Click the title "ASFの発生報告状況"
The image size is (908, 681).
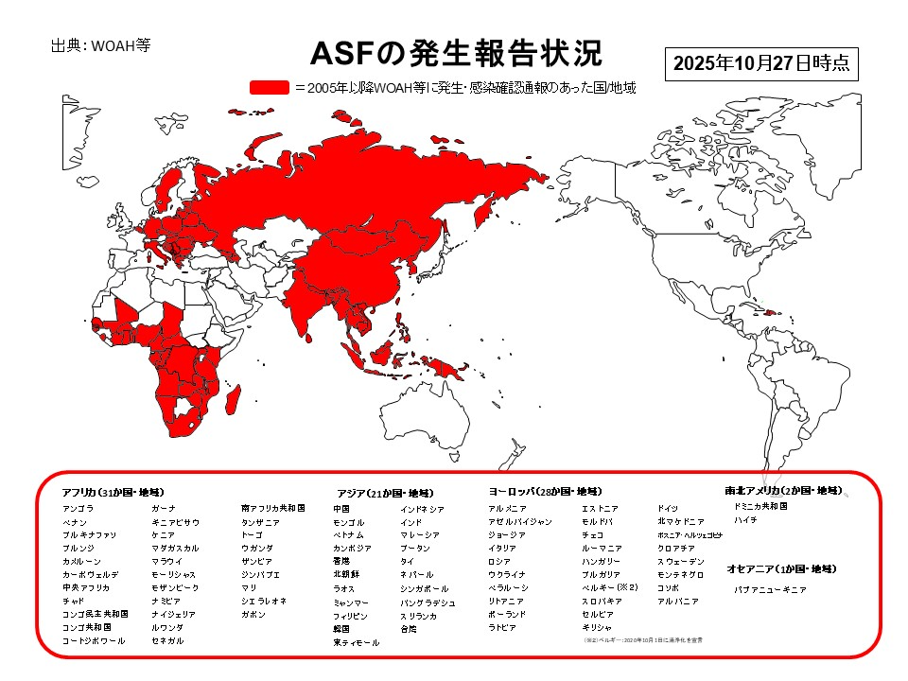[x=457, y=54]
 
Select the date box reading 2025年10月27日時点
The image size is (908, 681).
[x=761, y=64]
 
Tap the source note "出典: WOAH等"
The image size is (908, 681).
[x=100, y=44]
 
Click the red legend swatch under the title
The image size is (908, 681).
[x=269, y=88]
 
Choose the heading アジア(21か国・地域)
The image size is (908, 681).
[x=385, y=493]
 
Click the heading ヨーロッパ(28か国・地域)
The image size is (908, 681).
[x=544, y=492]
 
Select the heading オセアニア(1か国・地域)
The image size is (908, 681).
[x=781, y=568]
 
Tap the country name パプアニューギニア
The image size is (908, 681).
[x=771, y=588]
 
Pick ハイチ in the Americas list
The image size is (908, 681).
[x=745, y=520]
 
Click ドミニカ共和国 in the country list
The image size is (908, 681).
[x=760, y=507]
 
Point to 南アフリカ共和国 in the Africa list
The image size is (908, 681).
[x=273, y=508]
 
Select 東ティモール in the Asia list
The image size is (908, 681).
[x=356, y=642]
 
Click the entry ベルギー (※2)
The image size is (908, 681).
[x=609, y=587]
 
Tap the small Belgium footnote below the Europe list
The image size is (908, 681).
[x=643, y=640]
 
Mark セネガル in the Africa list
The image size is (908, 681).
[x=167, y=640]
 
